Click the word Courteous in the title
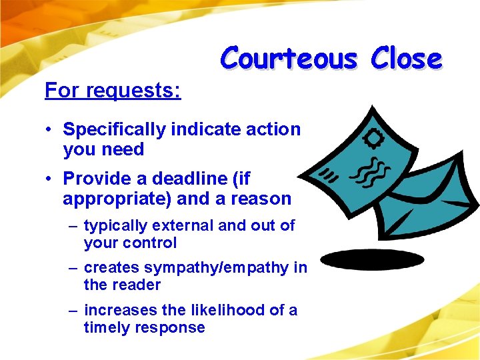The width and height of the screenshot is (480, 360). click(289, 59)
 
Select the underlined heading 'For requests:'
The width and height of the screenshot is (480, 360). click(113, 90)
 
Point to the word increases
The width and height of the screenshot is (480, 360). click(117, 310)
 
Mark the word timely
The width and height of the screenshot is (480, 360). click(106, 327)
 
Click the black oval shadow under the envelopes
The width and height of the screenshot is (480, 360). click(372, 259)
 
